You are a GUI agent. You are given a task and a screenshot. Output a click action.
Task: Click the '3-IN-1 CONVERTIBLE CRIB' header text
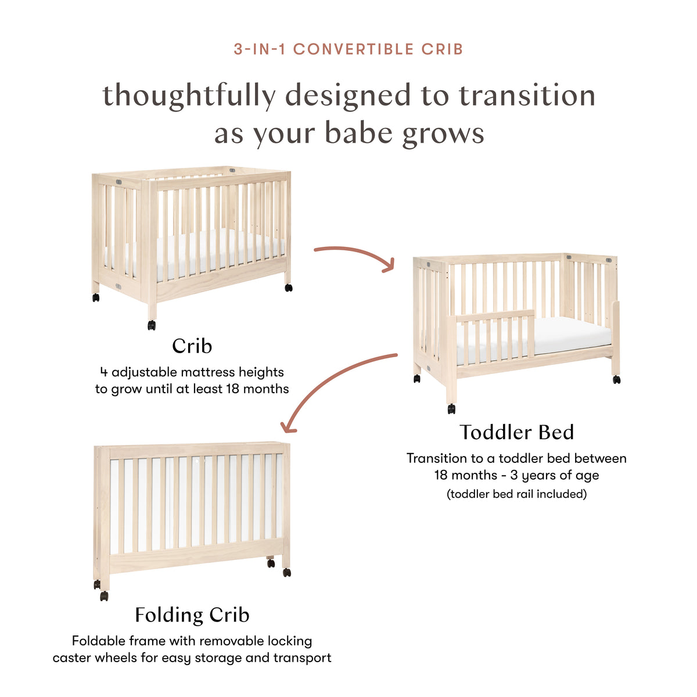(348, 49)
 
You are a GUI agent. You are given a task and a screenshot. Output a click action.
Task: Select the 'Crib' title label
(192, 346)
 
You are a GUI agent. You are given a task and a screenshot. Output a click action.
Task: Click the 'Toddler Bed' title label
(516, 432)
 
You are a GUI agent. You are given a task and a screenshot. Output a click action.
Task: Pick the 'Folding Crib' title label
(192, 615)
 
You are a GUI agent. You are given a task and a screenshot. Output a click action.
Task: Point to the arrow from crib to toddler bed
(354, 254)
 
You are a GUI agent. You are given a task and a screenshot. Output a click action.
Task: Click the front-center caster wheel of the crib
(152, 325)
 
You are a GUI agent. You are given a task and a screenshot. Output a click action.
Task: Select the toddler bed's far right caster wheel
(616, 380)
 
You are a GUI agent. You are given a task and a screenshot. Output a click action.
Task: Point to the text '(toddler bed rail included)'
(516, 494)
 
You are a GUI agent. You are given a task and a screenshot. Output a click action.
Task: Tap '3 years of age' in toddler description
(554, 475)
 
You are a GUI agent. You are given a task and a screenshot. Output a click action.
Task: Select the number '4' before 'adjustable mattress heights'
(103, 372)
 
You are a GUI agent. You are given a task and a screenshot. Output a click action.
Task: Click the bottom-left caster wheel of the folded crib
(103, 596)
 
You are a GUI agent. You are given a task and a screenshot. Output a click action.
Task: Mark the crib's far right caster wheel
(288, 288)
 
